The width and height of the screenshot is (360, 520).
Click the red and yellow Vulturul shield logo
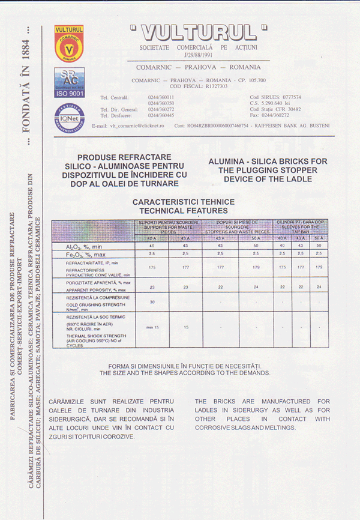coord(69,44)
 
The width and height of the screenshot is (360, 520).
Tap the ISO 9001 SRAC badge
coord(69,82)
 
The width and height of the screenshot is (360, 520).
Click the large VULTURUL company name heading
coord(197,31)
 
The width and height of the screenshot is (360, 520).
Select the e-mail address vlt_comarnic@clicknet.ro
coord(128,125)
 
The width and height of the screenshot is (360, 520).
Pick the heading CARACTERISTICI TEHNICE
coord(184,202)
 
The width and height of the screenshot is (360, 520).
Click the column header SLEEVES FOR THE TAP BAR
coord(302,228)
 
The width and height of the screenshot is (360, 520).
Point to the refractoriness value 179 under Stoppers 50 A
coord(256,267)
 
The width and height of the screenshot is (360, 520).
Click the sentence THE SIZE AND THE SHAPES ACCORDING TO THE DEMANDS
coord(185,373)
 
